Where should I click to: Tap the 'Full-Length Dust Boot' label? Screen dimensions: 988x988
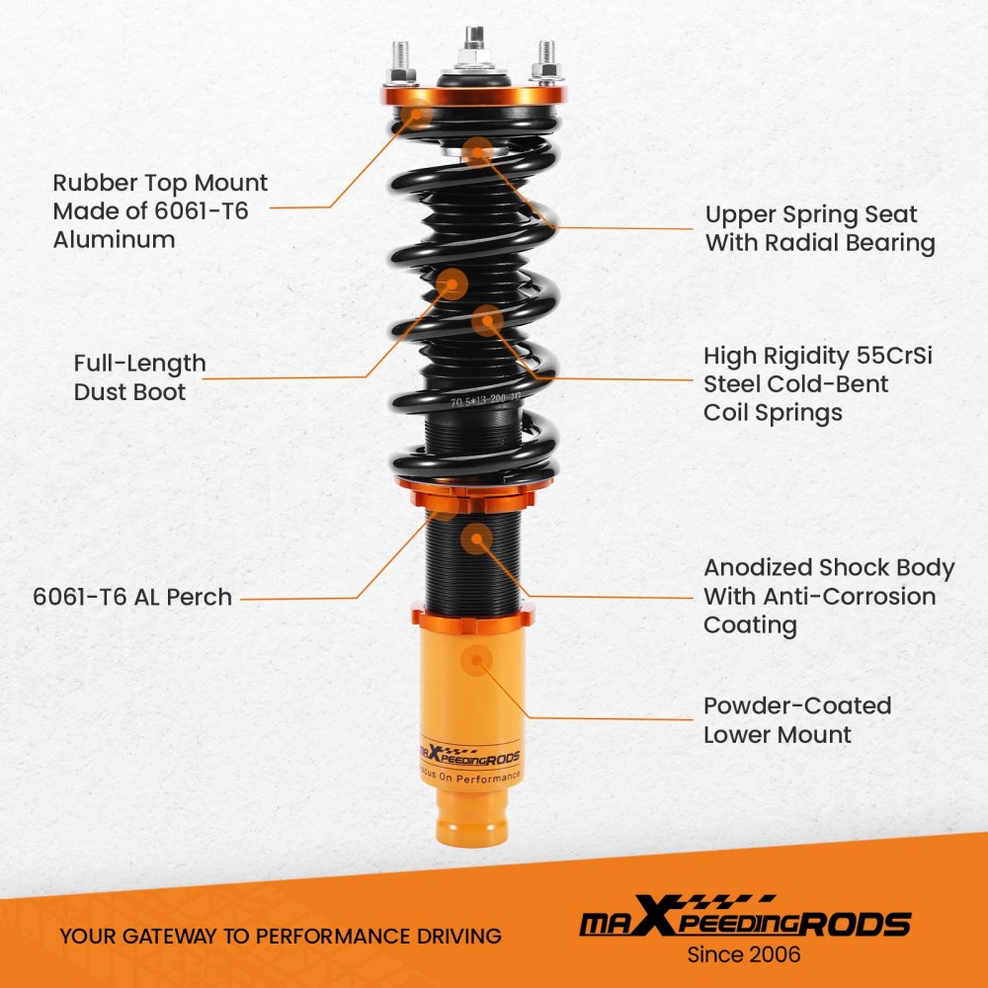click(x=139, y=377)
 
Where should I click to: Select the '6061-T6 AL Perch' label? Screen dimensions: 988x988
click(x=132, y=597)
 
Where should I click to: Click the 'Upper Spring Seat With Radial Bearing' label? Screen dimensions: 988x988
click(x=819, y=228)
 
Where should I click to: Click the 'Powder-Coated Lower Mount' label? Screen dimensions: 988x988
click(x=796, y=719)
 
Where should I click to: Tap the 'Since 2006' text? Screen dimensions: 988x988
click(x=743, y=954)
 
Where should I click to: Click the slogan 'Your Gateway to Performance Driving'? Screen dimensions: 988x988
click(x=280, y=935)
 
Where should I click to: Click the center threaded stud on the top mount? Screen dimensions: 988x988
click(x=475, y=44)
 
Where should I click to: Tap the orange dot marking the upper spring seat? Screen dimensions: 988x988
click(x=478, y=151)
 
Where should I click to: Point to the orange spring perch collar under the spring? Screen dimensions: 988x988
click(x=472, y=490)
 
